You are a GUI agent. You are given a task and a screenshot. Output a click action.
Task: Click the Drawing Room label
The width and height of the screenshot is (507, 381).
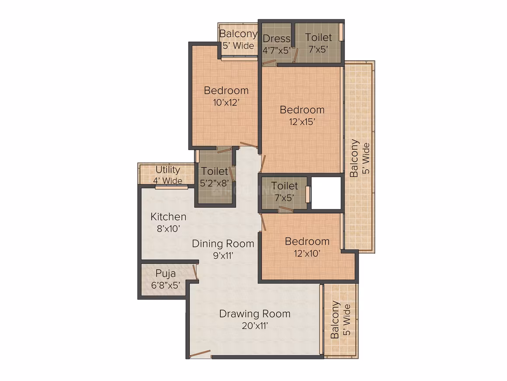[x=255, y=314]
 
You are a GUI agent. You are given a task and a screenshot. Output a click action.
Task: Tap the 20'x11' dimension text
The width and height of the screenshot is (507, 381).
[x=255, y=325]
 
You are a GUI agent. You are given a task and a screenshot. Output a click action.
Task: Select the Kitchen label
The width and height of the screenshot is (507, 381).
[x=168, y=216]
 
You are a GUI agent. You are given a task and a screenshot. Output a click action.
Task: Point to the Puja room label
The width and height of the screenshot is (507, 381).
[x=166, y=273]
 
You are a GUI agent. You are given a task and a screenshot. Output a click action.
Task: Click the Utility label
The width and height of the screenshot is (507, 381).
[x=167, y=170]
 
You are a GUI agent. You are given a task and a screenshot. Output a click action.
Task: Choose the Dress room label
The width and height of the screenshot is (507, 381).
[x=277, y=39]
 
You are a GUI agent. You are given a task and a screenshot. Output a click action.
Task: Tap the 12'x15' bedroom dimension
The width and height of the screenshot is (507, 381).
[x=302, y=122]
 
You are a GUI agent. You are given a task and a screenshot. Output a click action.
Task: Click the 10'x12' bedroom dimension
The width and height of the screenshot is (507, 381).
[x=226, y=102]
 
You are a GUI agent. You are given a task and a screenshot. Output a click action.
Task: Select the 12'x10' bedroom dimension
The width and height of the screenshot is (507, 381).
[x=307, y=254]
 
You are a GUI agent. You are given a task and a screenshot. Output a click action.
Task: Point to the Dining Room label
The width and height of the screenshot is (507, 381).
[x=223, y=243]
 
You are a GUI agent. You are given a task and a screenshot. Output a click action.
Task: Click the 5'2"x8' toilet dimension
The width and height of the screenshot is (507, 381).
[x=214, y=183]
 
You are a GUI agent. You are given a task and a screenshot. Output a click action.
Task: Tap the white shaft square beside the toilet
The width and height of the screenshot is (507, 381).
[x=326, y=193]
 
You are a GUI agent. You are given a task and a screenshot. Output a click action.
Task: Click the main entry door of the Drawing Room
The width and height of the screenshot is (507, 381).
[x=200, y=354]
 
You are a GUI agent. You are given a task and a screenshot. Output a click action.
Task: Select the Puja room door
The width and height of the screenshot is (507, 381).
[x=195, y=272]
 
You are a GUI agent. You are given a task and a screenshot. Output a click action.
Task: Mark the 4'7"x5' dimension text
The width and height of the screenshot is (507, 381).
[x=277, y=50]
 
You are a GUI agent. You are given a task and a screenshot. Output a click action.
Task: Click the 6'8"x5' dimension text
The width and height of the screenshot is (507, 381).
[x=166, y=286]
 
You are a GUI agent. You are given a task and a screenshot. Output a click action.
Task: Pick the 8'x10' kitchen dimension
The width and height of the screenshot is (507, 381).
[x=168, y=229]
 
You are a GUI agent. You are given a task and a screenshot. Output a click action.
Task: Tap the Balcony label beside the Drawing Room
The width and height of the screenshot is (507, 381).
[x=335, y=320]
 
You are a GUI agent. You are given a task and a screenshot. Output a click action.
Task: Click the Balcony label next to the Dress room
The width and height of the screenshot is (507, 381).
[x=238, y=34]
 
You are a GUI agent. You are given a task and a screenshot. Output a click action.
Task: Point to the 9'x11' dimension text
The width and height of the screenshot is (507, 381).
[x=223, y=256]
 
